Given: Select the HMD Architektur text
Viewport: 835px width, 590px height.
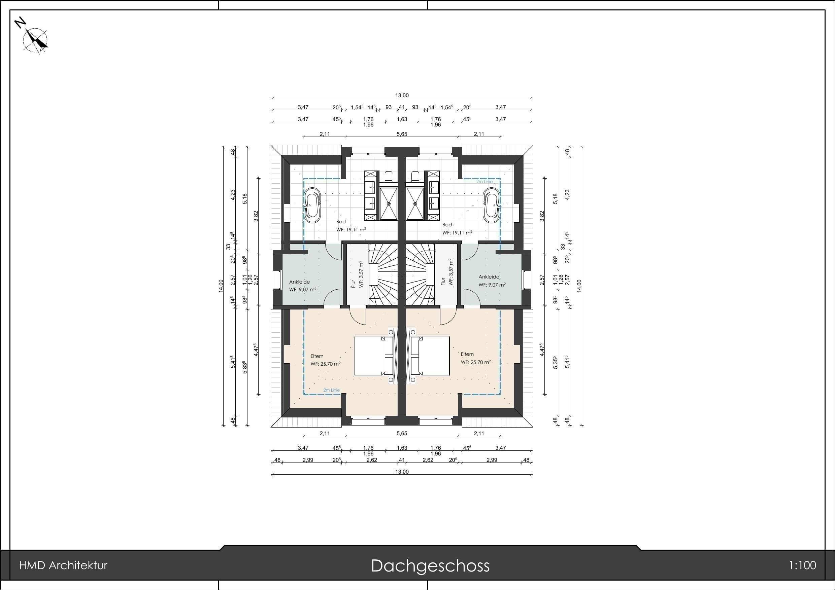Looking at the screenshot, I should point(63,566).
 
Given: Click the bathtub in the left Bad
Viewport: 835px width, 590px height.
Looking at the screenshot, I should point(312,205).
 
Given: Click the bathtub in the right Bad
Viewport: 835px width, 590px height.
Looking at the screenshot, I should point(491,205).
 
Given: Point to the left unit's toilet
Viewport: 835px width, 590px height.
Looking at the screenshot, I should point(388,177).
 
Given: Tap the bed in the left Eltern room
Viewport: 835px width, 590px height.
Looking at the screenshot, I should point(369,356).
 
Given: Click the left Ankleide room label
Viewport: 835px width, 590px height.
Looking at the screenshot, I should point(300,282).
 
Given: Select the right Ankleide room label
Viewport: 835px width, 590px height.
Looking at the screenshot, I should point(489,277).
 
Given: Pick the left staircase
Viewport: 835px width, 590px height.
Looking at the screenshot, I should point(383,274).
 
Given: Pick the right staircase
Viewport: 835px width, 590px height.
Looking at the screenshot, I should point(421,274).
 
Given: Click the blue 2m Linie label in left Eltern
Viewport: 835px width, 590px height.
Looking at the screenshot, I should point(331,390).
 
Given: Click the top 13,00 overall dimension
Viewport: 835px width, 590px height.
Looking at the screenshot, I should point(402,96).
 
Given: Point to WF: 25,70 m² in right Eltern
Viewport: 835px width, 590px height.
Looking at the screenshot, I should point(476,362).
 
